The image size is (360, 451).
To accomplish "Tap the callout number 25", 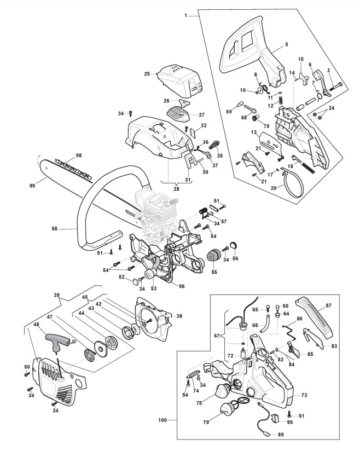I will point(147,73).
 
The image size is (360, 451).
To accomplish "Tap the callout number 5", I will point(287,43).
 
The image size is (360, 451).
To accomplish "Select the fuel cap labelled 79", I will point(228,409).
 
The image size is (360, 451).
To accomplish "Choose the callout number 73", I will point(304,395).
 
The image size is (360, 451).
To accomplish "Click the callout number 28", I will point(177,189).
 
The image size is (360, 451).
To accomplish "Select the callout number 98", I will point(78,155).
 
